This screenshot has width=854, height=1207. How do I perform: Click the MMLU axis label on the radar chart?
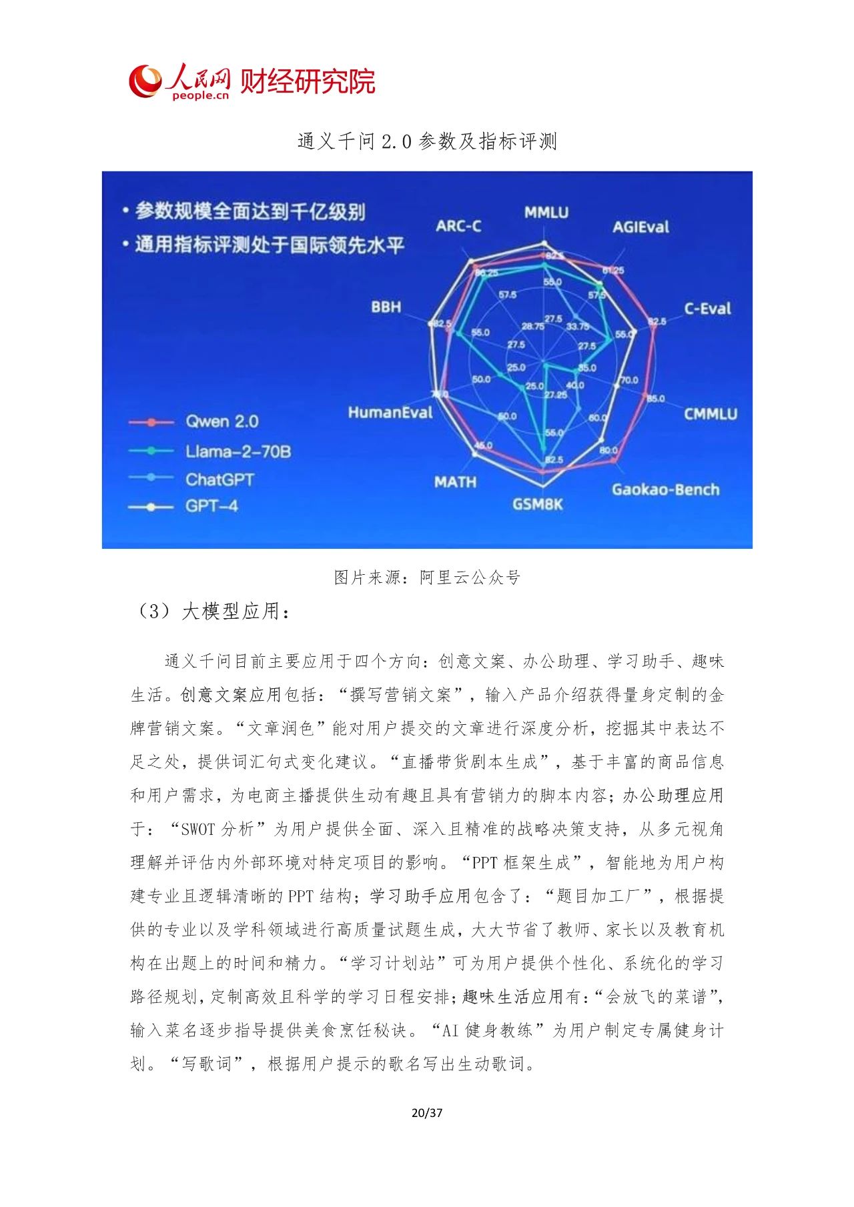[x=546, y=213]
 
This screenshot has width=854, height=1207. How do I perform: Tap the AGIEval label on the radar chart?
[x=640, y=227]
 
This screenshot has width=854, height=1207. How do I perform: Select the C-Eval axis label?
[x=707, y=309]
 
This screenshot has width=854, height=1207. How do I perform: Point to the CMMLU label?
[x=710, y=414]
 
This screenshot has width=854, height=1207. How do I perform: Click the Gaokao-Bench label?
[x=665, y=489]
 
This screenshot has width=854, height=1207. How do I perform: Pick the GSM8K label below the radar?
[x=537, y=504]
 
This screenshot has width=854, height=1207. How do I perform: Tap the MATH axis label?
[x=455, y=481]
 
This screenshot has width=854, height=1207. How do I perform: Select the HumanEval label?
[x=390, y=413]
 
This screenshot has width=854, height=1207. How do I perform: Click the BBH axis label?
[x=386, y=307]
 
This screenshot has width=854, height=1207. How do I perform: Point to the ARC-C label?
[x=458, y=226]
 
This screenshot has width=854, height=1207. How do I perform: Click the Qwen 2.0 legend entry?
[x=222, y=421]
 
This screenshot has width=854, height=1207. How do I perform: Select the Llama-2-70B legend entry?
[x=238, y=451]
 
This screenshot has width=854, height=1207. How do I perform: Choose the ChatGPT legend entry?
[x=220, y=479]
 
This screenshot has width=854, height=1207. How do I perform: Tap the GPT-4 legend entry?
[x=211, y=506]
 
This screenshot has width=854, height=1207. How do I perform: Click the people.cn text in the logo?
[x=200, y=95]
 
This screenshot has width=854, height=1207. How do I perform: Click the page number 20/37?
[x=427, y=1112]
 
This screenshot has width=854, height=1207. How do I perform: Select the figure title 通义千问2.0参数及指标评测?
[x=427, y=141]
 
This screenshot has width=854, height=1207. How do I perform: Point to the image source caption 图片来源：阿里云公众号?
[x=427, y=577]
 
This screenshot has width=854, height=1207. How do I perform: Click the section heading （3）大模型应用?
[x=213, y=612]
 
